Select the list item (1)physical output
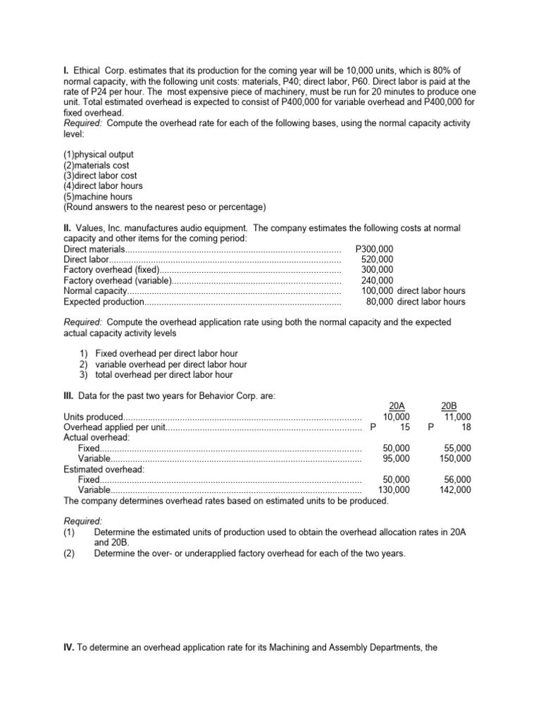tap(99, 154)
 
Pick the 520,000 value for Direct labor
tap(378, 259)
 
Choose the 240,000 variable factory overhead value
tap(378, 281)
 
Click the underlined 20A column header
tap(397, 405)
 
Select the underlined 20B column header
tap(449, 405)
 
